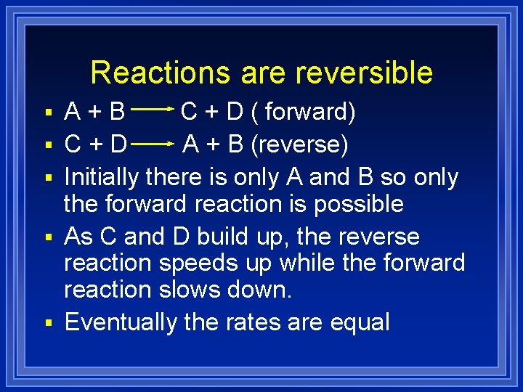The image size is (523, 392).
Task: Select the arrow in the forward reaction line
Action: pos(153,110)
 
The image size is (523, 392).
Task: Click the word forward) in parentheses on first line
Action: pos(310,112)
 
